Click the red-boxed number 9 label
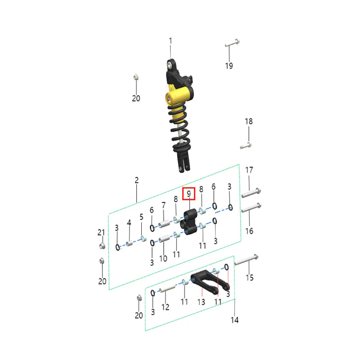(x=189, y=194)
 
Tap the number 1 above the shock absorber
(x=171, y=41)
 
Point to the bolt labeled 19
(x=232, y=43)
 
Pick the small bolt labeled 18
(x=246, y=145)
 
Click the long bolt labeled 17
(x=251, y=193)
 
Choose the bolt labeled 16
(x=251, y=207)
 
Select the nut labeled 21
(x=102, y=246)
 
